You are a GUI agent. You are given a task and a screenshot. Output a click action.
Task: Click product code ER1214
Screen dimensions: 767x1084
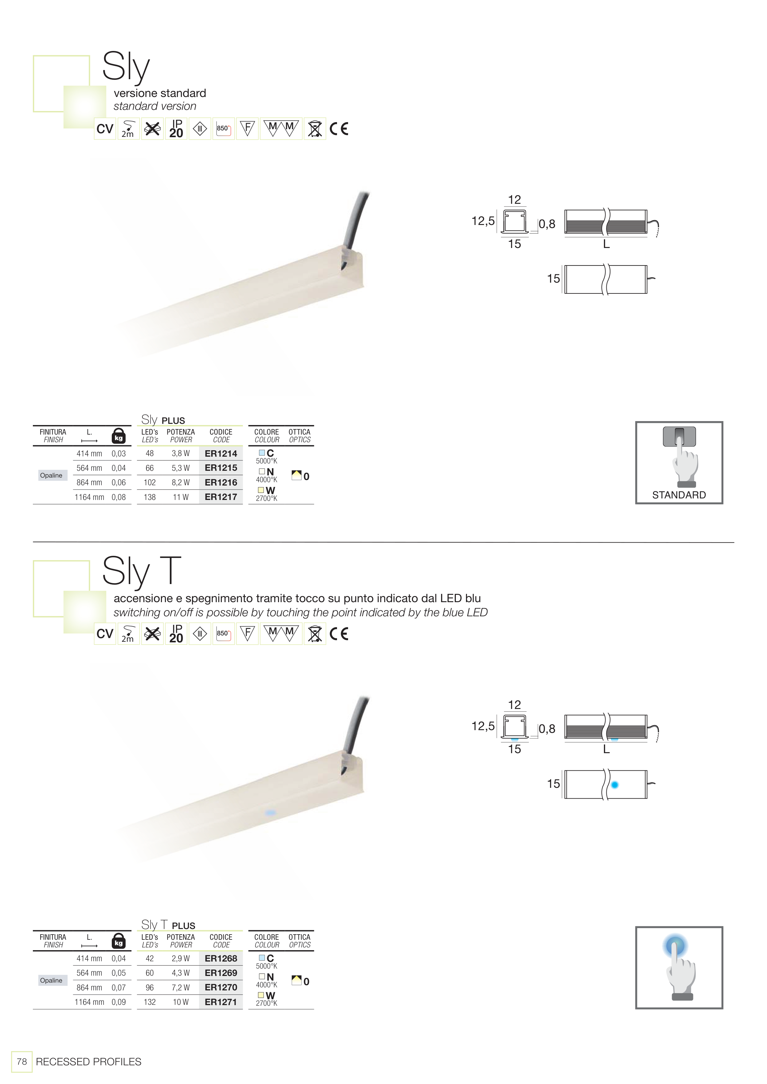221,454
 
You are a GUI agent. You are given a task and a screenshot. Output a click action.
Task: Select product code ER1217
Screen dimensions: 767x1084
221,497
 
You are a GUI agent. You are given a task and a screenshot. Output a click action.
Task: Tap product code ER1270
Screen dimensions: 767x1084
221,988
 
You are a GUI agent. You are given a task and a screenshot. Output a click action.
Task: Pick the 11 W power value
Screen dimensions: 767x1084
181,497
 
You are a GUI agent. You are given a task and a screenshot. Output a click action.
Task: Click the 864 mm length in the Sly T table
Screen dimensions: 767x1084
89,988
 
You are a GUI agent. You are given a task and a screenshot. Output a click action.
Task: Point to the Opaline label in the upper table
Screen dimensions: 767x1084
51,475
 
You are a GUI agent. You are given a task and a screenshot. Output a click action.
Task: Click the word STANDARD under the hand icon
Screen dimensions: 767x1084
679,495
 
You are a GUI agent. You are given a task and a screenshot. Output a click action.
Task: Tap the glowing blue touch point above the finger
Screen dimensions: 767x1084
676,946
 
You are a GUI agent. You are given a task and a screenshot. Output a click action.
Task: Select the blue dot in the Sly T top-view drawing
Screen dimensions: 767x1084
614,785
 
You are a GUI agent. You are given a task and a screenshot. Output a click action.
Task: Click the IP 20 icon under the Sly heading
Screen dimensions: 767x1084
176,128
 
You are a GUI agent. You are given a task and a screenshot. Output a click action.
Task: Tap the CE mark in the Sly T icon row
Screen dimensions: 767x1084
339,633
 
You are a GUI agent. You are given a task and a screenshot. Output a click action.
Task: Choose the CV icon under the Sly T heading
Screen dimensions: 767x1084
105,633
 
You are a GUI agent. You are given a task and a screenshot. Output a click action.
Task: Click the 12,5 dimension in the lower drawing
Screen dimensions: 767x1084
483,726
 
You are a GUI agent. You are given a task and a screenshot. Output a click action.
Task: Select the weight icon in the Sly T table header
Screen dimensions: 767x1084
119,941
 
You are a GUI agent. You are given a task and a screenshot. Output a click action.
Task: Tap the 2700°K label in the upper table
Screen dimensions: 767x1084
267,498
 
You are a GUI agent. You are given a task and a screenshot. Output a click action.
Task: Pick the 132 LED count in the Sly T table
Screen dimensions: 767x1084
150,1002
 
